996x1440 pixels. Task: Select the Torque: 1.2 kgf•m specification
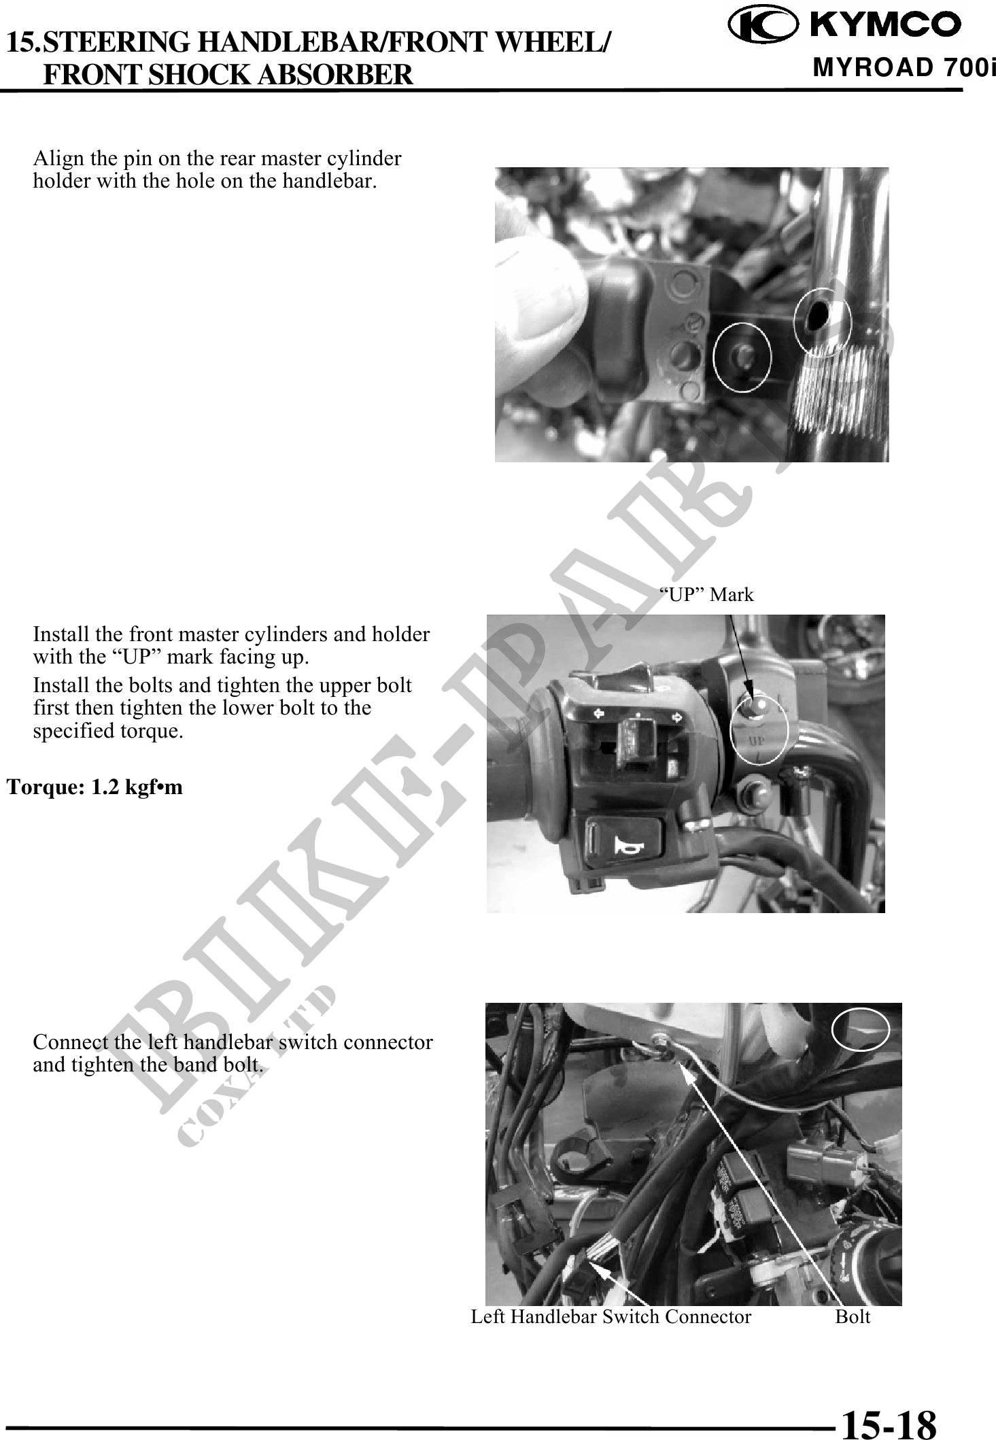95,787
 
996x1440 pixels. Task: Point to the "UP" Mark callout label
708,595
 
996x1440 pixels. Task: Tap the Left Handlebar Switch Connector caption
611,1317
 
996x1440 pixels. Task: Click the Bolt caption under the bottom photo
853,1317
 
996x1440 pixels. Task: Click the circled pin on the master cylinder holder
742,356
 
